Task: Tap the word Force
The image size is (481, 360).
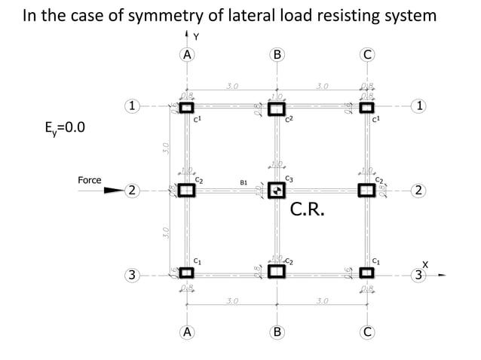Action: point(90,181)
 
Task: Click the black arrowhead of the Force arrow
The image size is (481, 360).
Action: point(112,191)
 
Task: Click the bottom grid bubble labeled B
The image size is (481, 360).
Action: point(277,331)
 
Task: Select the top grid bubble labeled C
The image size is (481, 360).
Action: point(367,54)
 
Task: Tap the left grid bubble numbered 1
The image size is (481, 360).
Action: point(132,106)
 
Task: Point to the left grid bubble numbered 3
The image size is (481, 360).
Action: point(132,276)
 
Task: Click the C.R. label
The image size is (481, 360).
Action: point(308,209)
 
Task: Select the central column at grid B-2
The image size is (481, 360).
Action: point(277,190)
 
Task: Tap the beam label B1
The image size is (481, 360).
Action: point(244,182)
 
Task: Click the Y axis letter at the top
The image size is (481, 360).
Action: point(196,36)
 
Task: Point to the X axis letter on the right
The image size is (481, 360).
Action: point(425,264)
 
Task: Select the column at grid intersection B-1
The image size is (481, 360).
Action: point(277,107)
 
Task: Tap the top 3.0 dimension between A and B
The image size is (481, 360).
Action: point(232,86)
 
